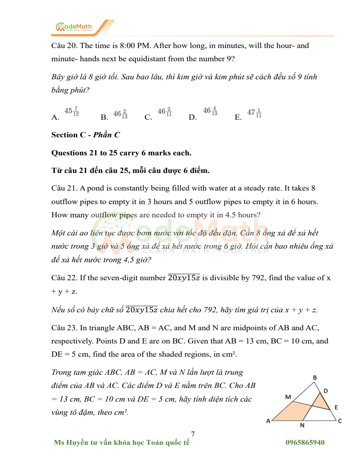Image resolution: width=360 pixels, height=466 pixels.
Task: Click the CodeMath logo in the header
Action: point(74,27)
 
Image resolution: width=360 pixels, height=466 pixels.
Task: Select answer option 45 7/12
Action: point(72,111)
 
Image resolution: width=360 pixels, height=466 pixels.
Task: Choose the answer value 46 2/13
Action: point(120,114)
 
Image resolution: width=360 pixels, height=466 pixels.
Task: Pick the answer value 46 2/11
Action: point(164,111)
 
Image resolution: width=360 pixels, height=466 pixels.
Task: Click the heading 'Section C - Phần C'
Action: point(85,135)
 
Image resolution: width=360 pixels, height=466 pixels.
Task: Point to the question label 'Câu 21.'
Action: point(64,188)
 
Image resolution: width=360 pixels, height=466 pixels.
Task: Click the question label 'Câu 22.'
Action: point(64,278)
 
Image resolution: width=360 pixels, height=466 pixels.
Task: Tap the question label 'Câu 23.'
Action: point(64,328)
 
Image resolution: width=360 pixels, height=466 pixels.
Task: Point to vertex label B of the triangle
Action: point(315,378)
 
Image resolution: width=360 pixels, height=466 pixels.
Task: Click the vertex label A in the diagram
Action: point(268,421)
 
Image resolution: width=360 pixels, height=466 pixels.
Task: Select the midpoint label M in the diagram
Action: point(288,397)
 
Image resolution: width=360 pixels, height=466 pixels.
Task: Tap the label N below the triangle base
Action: point(302,425)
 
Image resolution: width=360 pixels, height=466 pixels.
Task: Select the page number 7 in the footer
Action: point(193,434)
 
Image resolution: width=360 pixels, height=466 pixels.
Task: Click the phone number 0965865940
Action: point(305,442)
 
